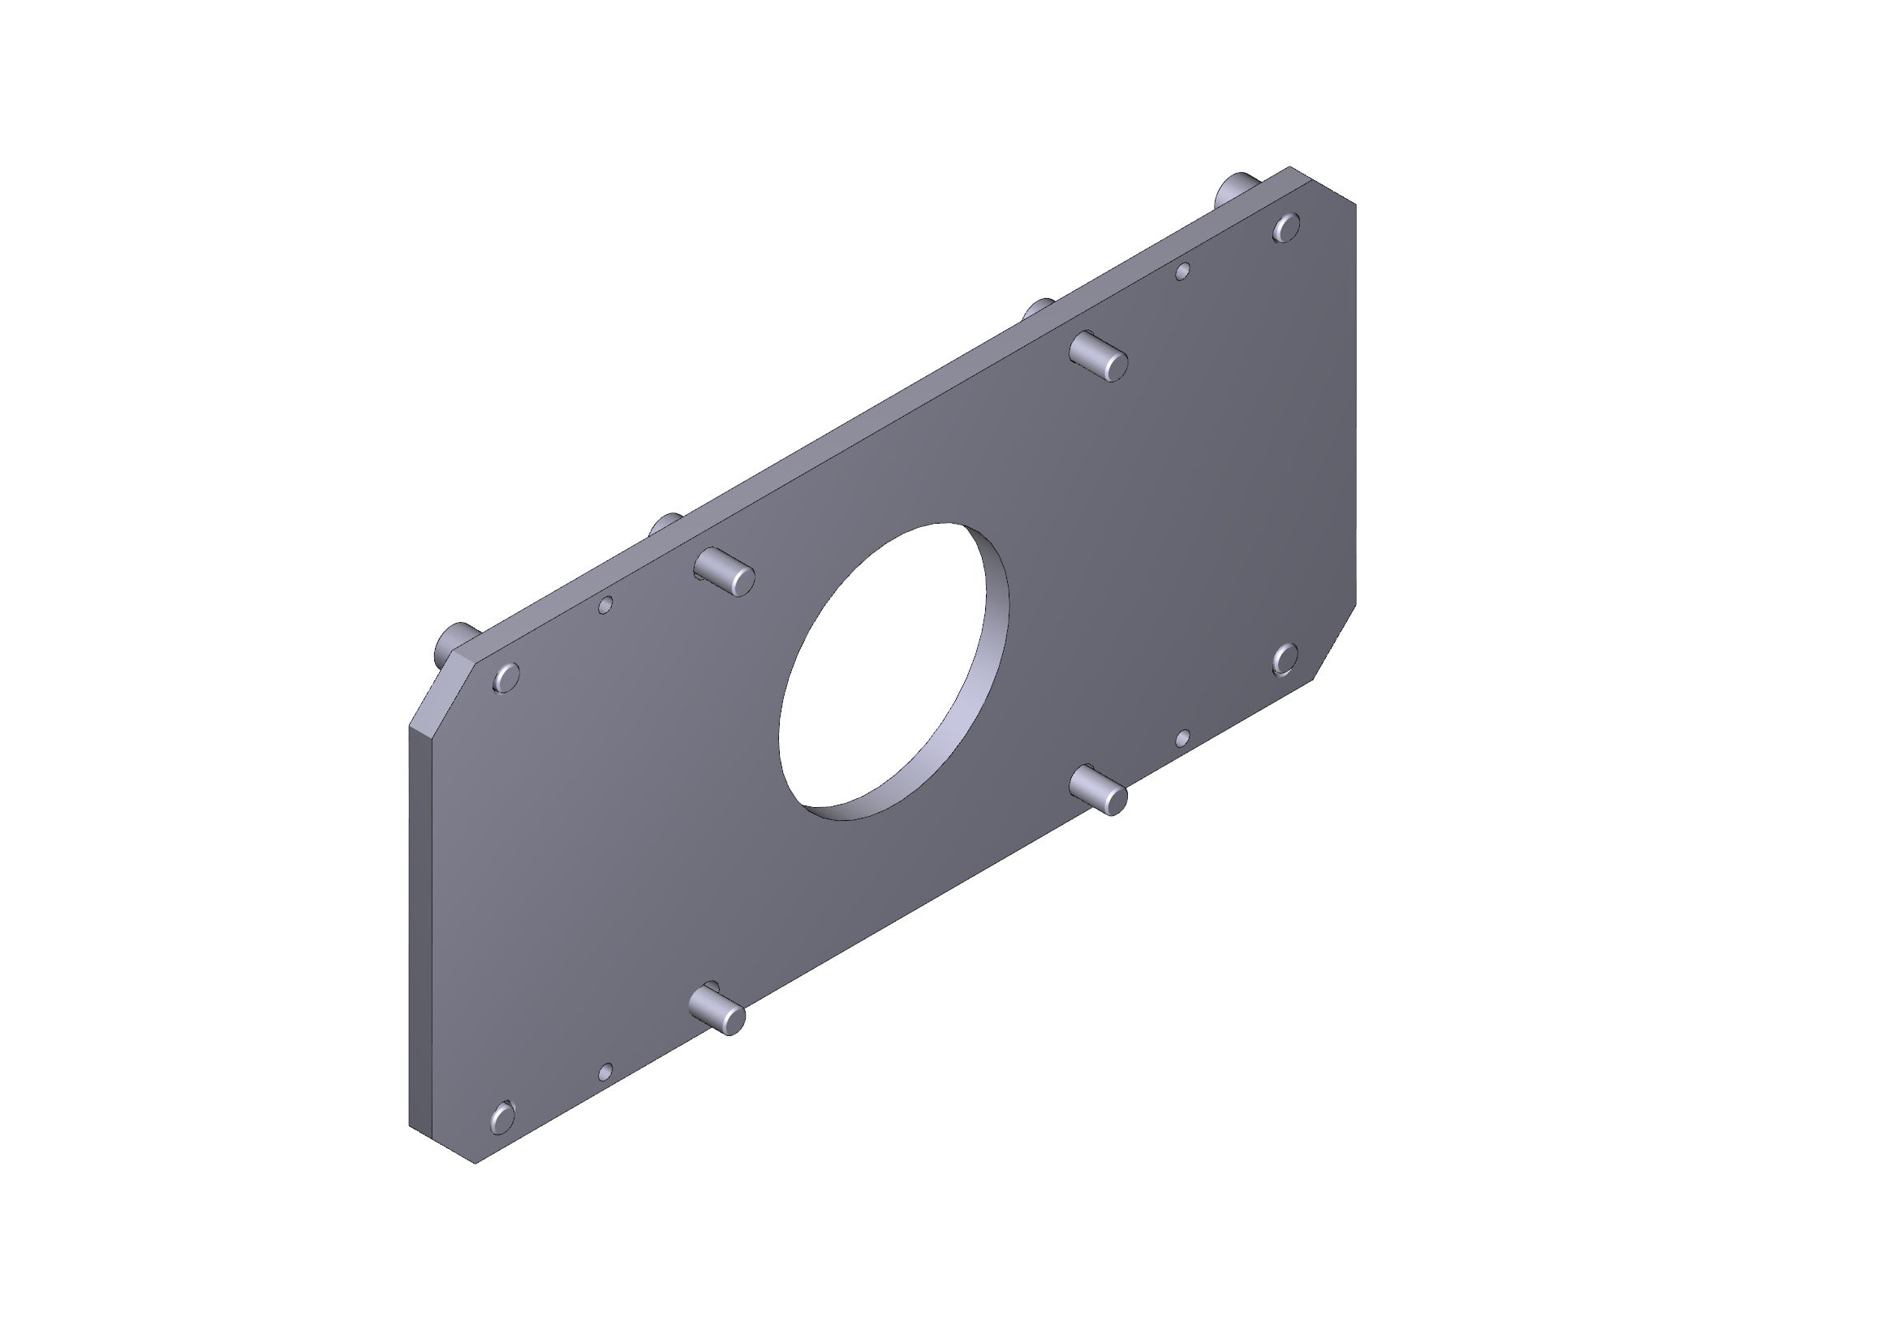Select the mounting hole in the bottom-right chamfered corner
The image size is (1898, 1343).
tap(1285, 659)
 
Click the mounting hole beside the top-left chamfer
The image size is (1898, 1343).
tap(505, 677)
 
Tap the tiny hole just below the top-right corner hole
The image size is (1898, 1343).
tap(1183, 270)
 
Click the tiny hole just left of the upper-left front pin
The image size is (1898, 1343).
tap(605, 606)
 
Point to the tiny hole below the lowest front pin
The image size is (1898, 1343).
tap(605, 1072)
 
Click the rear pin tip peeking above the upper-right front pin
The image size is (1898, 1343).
tap(1039, 309)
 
